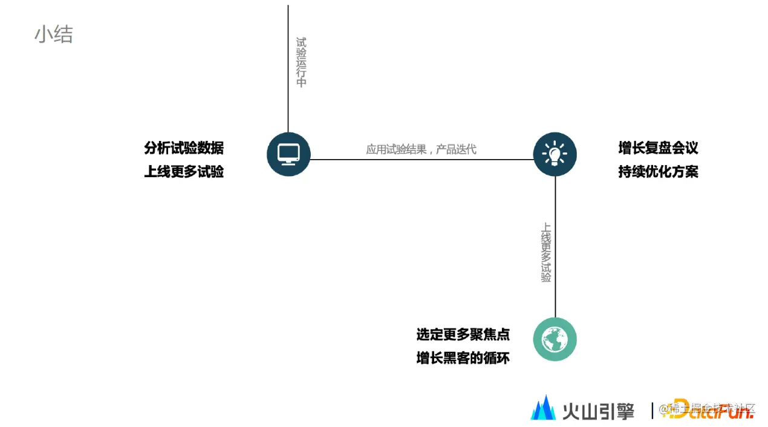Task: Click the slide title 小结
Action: tap(53, 34)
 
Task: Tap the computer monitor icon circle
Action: tap(288, 154)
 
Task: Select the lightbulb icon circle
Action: tap(555, 154)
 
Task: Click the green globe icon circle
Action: tap(555, 339)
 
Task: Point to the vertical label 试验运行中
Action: tap(301, 62)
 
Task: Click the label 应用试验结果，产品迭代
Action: tap(421, 149)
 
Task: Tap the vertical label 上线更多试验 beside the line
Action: tap(546, 253)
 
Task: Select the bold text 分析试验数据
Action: tap(184, 148)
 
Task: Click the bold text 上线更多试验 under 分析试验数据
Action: tap(184, 172)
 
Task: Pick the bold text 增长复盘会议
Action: tap(658, 148)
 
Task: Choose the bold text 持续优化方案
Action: tap(658, 172)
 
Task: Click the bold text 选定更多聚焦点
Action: tap(463, 334)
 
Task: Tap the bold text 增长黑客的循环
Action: tap(463, 358)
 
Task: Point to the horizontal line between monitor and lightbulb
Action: tap(421, 160)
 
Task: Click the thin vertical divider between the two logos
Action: tap(652, 410)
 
